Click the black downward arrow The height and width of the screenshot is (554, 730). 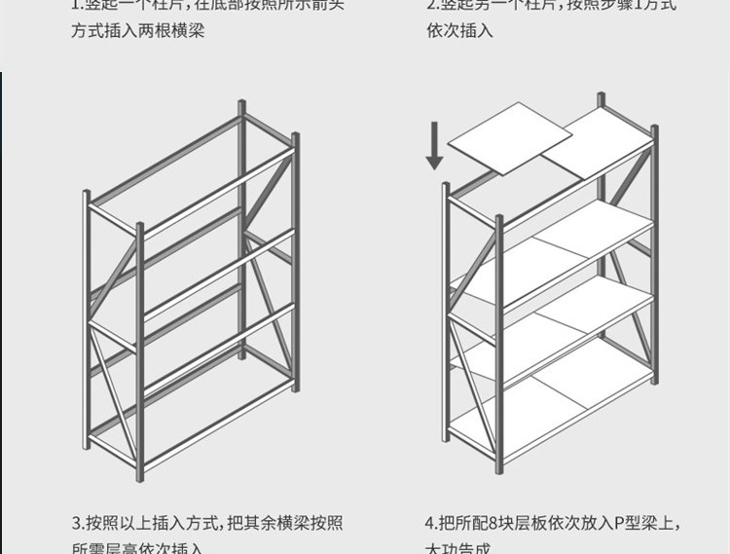click(434, 146)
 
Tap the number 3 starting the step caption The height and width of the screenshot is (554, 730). click(76, 522)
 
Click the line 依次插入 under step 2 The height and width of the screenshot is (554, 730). click(459, 31)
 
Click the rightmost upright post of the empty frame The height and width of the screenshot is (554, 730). click(294, 263)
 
